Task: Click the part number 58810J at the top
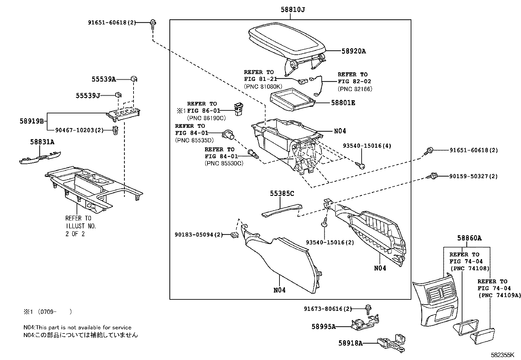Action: (x=293, y=10)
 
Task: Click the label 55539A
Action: (x=103, y=79)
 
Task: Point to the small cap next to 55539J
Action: (x=118, y=95)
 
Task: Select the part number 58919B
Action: (x=32, y=121)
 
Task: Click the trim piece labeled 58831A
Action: (x=41, y=157)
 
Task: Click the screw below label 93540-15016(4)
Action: (x=361, y=166)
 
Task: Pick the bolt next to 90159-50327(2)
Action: (x=433, y=176)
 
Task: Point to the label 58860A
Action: (x=469, y=238)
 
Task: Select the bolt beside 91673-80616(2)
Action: (x=368, y=308)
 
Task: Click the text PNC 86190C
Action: (x=206, y=118)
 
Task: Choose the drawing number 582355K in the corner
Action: (x=502, y=355)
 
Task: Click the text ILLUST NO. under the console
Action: (x=81, y=226)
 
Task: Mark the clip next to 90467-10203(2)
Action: (x=115, y=130)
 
